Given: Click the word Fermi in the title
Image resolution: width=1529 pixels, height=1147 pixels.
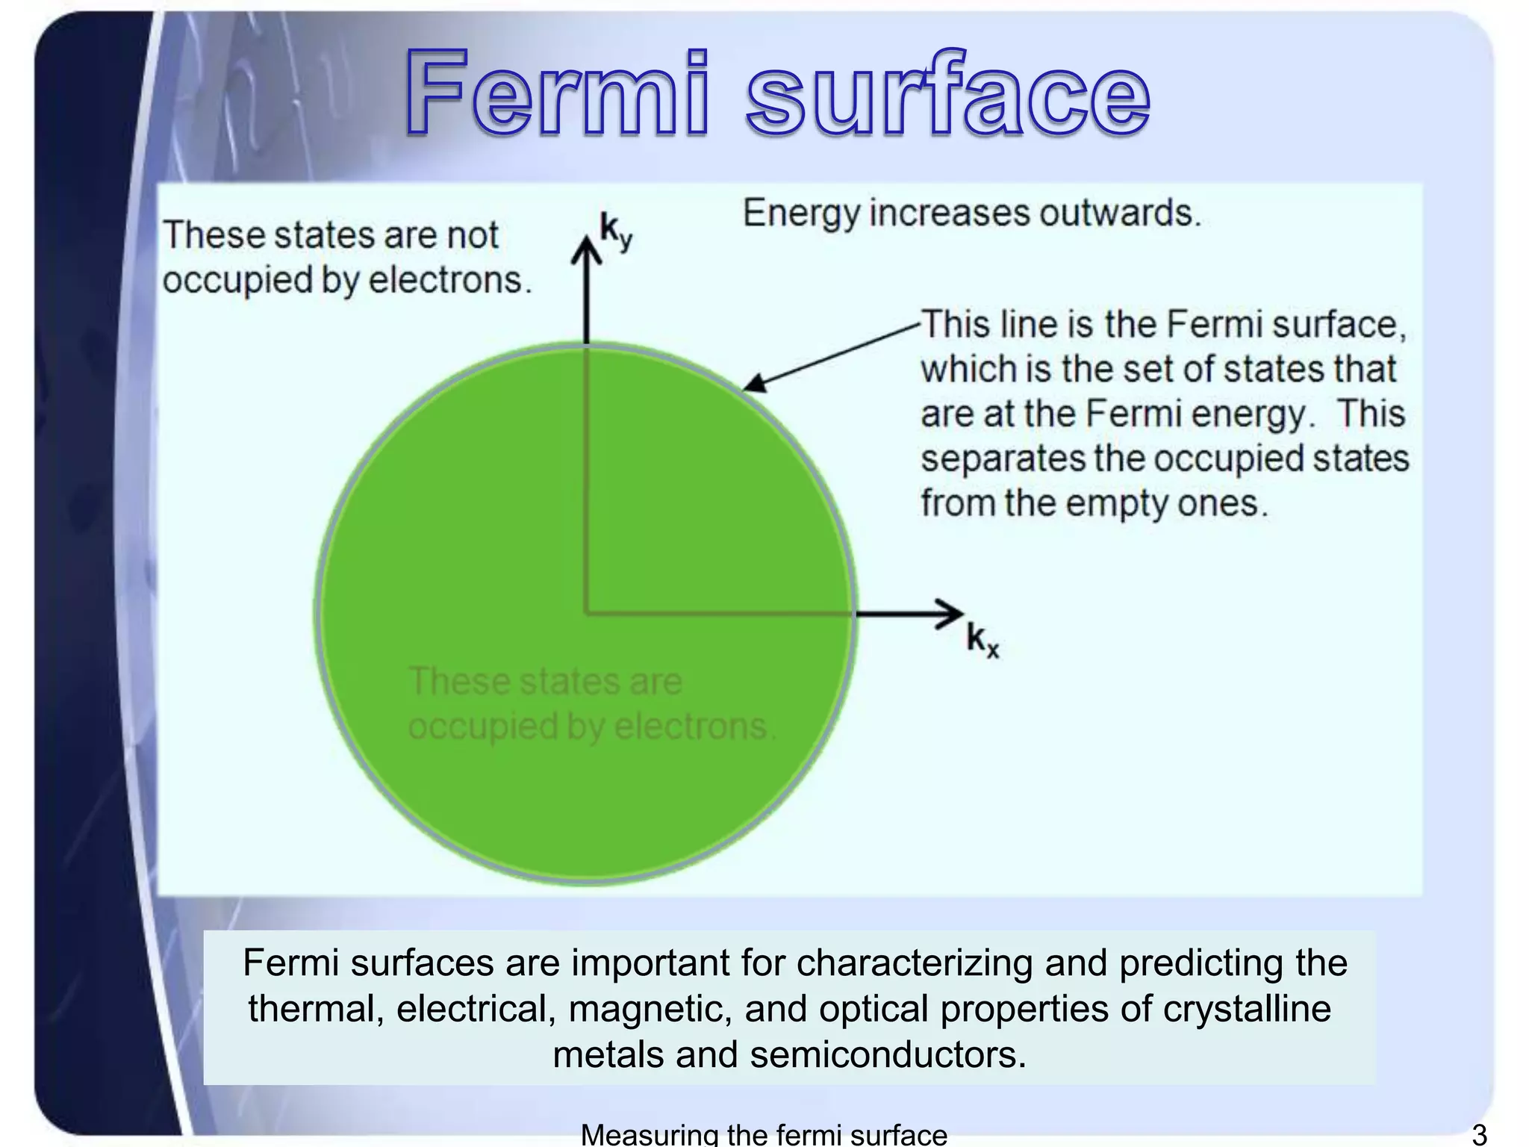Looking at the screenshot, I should [556, 93].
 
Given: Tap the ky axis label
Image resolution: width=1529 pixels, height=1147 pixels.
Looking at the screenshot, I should [616, 231].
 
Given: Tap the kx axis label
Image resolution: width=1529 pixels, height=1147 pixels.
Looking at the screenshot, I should [982, 641].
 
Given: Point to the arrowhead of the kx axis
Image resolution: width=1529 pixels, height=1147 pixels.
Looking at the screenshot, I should [952, 614].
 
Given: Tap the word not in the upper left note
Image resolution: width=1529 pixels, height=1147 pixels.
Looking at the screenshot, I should [472, 235].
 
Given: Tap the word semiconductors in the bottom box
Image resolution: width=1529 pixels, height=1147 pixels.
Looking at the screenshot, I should [888, 1055].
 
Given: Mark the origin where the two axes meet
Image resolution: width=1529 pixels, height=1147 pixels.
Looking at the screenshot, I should [587, 614].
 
